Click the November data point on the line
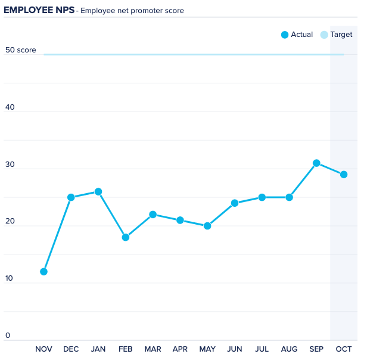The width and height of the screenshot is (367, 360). point(43,272)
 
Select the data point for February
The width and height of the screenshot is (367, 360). point(126,237)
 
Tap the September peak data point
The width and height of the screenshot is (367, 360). point(316,163)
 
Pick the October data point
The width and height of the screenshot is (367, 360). point(344,175)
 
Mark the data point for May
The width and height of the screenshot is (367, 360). point(207,226)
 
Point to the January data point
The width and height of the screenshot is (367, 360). point(98,192)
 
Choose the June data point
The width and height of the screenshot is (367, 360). point(235,203)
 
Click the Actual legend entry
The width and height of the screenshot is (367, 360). point(297,35)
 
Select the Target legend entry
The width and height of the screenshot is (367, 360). point(337,35)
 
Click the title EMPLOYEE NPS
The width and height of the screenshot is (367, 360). point(39,10)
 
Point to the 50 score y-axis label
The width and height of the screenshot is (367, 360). point(21,50)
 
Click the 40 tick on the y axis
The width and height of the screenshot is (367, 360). point(10,108)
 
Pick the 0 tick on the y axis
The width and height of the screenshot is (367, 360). point(8,336)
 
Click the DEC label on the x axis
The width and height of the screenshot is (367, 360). point(71,349)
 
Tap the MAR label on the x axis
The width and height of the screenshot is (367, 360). point(153,349)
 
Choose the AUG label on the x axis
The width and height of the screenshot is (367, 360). point(289,349)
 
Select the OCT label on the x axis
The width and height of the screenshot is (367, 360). point(344,349)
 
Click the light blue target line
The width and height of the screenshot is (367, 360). point(191,54)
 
